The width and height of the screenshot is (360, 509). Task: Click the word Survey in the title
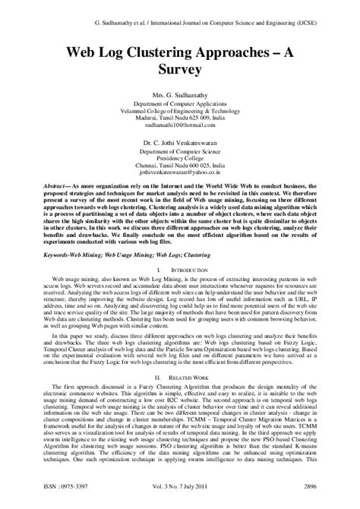coord(180,69)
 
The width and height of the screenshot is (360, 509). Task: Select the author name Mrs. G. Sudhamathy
coord(180,94)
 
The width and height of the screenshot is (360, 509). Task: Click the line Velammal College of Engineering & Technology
coord(180,112)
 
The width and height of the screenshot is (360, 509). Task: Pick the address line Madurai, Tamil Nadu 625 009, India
coord(180,121)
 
